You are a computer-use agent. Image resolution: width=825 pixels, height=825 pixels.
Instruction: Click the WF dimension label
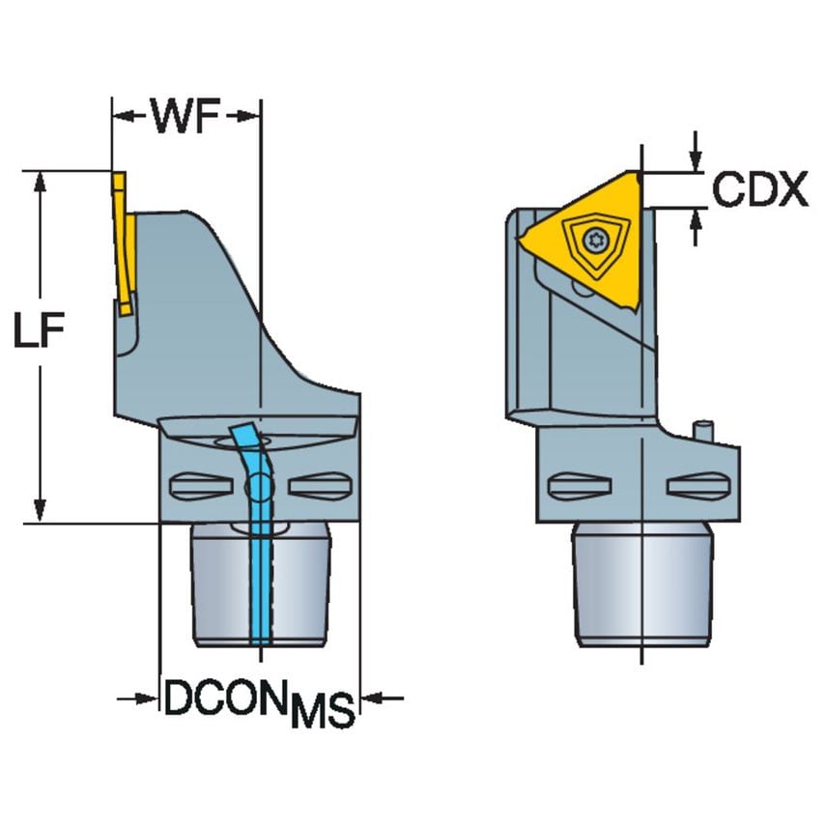point(187,117)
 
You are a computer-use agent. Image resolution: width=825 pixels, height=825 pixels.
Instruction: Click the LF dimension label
point(39,332)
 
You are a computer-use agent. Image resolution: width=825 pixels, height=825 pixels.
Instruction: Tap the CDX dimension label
point(759,190)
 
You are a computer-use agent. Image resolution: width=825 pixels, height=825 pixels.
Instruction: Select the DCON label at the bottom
point(226,698)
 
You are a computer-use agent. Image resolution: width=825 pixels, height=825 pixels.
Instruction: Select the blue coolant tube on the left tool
point(260,541)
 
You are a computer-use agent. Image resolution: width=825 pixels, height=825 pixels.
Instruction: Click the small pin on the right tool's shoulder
point(704,431)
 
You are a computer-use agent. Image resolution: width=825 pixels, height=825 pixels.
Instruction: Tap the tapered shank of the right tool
point(642,585)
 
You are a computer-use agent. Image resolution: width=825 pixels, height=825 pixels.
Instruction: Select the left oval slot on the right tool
point(577,486)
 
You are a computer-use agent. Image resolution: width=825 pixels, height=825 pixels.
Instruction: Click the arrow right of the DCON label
point(381,697)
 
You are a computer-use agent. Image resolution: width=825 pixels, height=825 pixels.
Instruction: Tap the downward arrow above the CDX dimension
point(694,161)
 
